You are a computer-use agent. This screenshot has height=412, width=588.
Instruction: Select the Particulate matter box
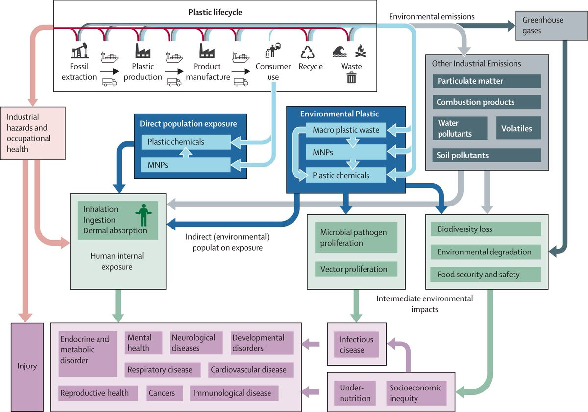click(487, 81)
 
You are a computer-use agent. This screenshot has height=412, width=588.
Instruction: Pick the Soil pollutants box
click(487, 155)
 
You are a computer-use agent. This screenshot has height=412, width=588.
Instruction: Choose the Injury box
click(27, 366)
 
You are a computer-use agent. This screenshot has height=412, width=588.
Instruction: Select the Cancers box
click(164, 393)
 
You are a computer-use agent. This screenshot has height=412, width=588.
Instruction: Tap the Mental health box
click(144, 343)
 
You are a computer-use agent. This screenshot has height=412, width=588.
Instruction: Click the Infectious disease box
click(356, 344)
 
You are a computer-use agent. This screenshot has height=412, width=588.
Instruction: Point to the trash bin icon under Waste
click(351, 77)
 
